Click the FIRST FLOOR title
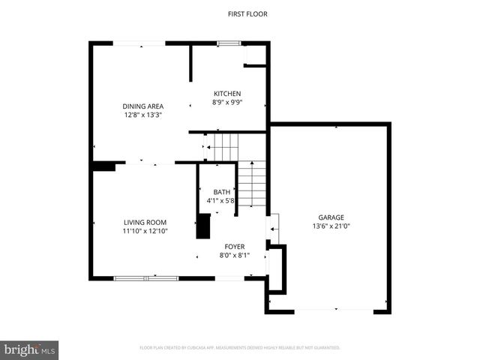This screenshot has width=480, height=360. [247, 13]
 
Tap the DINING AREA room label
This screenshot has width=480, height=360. [143, 106]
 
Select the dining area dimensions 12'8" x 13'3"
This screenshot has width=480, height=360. [143, 115]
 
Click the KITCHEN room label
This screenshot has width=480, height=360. [227, 93]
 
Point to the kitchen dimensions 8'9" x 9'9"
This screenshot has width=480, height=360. [227, 102]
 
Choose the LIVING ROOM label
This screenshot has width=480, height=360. [145, 222]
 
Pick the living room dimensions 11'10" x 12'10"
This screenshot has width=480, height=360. [145, 231]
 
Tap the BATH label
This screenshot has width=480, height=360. [221, 192]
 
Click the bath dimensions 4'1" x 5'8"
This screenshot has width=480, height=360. [221, 201]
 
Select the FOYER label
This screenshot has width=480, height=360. [234, 246]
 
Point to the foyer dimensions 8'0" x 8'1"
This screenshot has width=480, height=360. [234, 255]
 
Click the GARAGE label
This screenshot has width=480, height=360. [330, 216]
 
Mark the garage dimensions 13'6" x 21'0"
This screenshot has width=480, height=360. [330, 225]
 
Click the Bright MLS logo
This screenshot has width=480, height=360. [30, 349]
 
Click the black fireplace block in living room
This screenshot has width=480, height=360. [203, 226]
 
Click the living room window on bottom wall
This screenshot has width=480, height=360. [145, 278]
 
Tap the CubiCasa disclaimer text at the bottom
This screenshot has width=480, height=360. [240, 348]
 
